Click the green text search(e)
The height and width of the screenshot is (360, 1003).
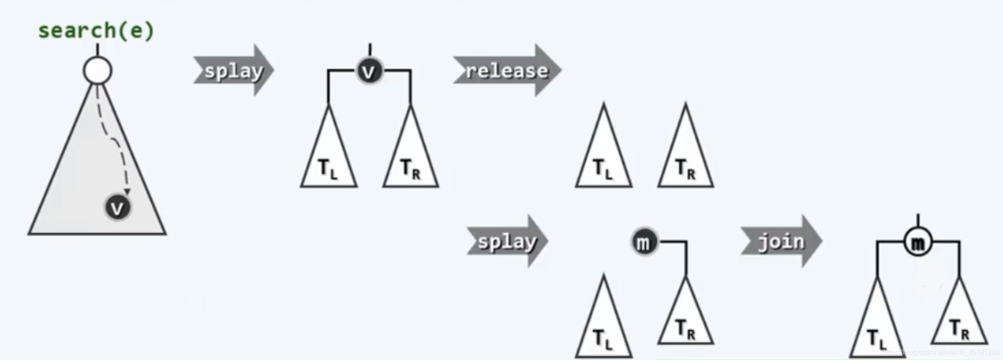pos(96,31)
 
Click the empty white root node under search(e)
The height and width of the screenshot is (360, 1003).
pos(98,71)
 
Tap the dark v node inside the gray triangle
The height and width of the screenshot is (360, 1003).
pos(117,207)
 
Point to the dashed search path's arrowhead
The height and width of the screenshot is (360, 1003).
pos(126,192)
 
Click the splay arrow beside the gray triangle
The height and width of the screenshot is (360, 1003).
pos(234,70)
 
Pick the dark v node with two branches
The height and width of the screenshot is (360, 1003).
pos(369,71)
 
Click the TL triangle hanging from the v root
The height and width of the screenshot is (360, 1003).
pos(329,161)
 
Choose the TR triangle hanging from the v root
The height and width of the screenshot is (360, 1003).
pos(410,161)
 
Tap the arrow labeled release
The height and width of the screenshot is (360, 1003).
pos(507,70)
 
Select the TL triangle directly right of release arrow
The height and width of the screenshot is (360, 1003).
pos(603,161)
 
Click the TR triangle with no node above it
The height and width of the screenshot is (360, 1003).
pos(685,161)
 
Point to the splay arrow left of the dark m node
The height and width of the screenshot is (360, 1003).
pos(507,241)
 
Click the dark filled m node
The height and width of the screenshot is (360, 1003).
pos(644,242)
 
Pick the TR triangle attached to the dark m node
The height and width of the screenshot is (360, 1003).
pos(685,322)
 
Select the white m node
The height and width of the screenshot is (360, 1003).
pos(918,242)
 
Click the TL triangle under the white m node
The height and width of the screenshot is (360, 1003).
pos(877,331)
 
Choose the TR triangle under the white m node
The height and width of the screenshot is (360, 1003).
pos(959,322)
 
